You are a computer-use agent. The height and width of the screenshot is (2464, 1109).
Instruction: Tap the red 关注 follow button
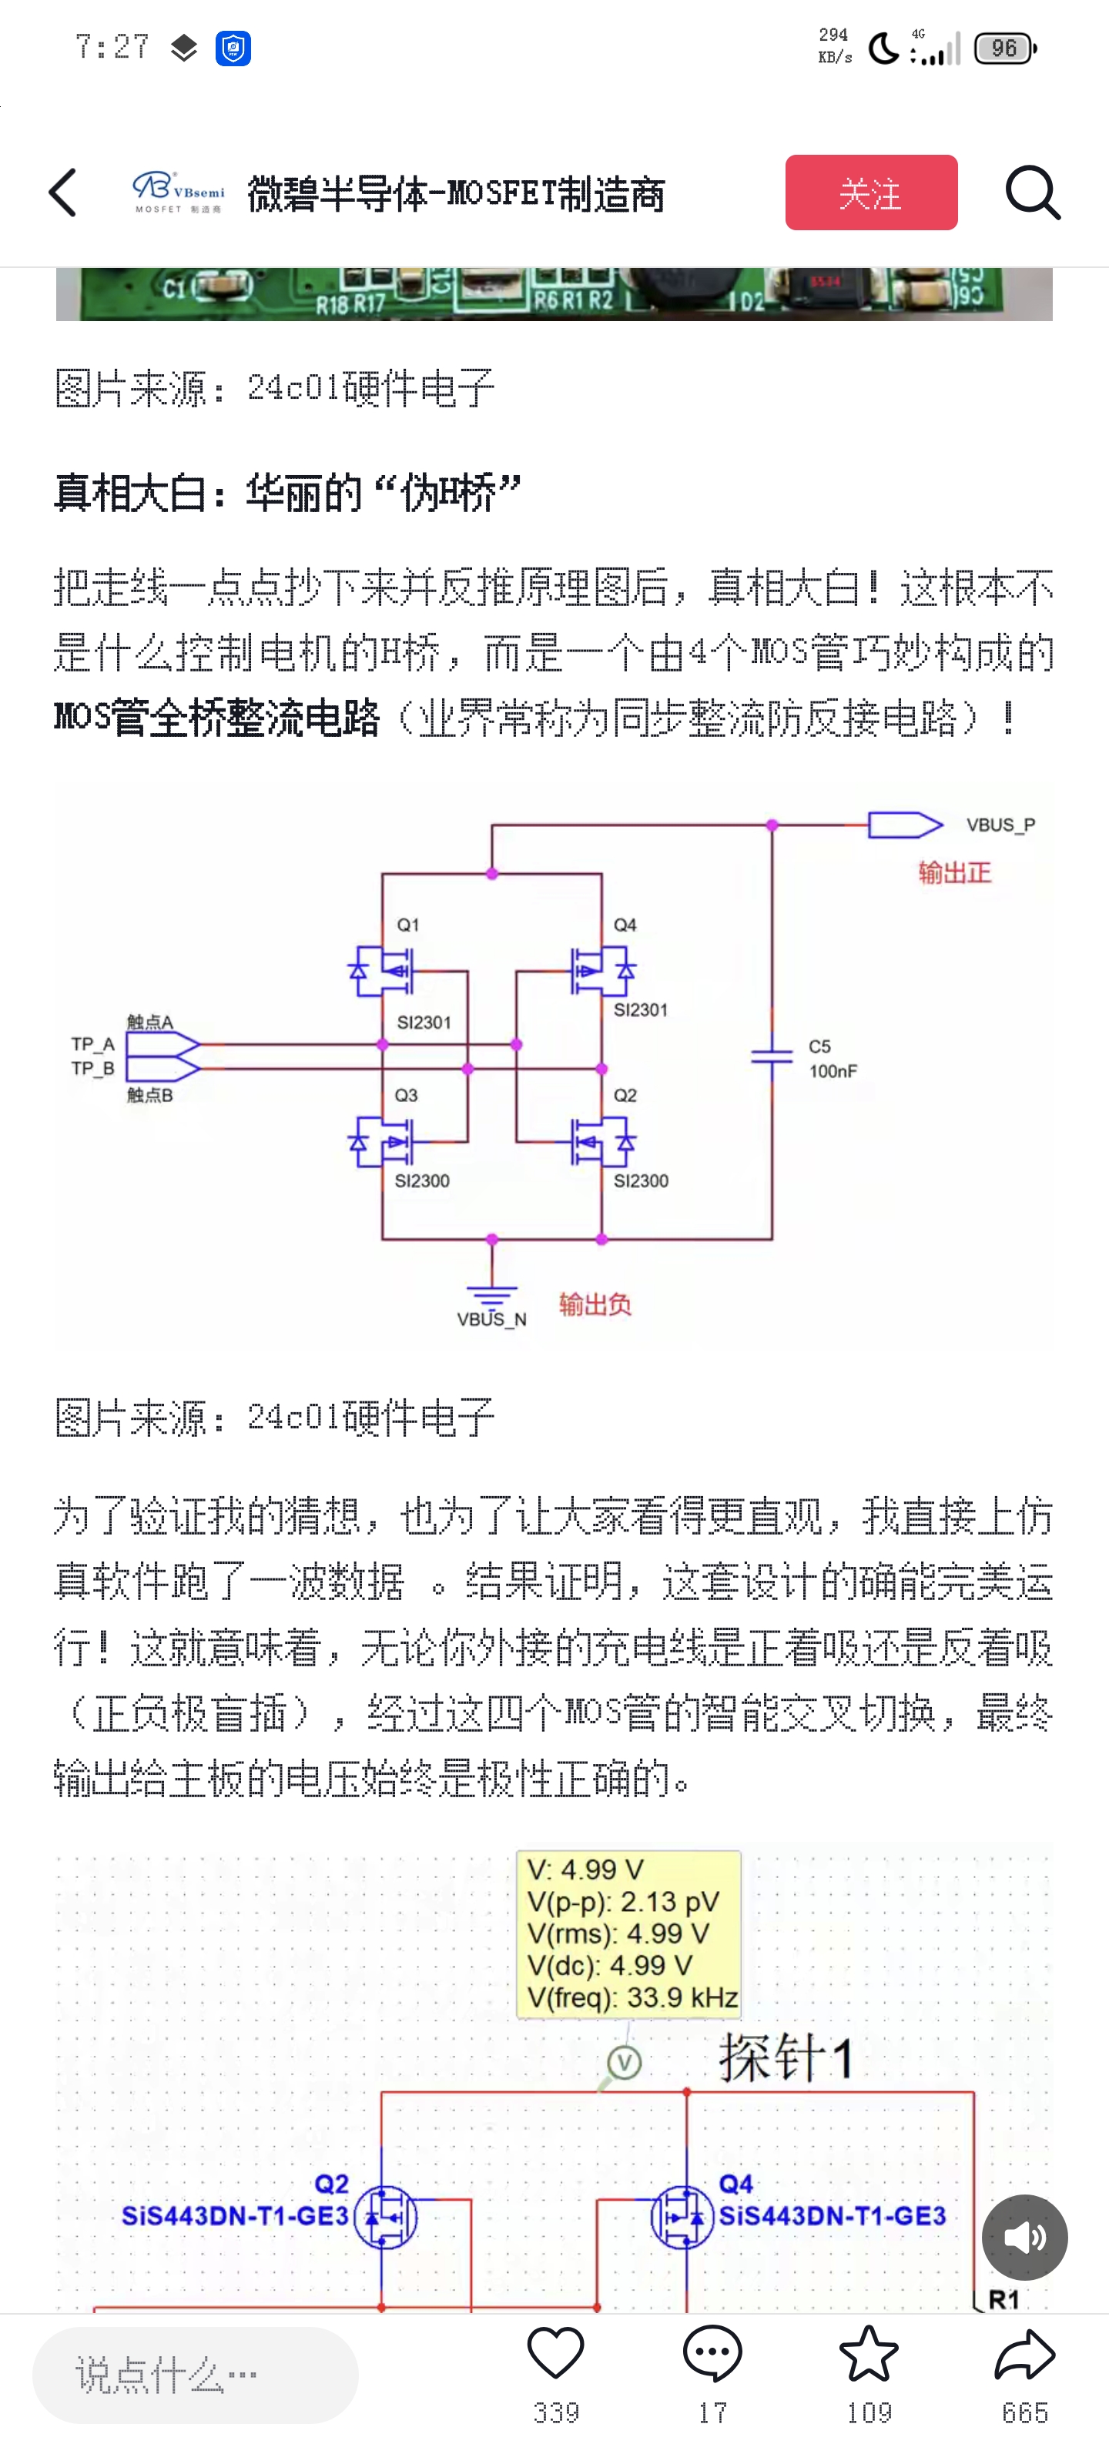(x=871, y=192)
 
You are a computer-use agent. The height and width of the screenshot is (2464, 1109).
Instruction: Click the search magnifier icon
(x=1033, y=192)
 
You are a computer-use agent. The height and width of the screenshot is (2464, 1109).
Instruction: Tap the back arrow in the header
(x=63, y=192)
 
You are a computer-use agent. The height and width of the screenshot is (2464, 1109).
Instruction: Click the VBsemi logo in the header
(x=178, y=192)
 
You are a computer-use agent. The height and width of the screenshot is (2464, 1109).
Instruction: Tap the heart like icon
(x=556, y=2354)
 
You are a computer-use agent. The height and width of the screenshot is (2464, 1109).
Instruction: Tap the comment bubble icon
(x=712, y=2354)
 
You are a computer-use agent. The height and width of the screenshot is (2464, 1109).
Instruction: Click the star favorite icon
(x=868, y=2354)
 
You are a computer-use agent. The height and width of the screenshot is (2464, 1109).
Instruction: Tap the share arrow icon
(x=1025, y=2354)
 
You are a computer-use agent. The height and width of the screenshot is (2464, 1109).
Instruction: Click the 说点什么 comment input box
(x=195, y=2375)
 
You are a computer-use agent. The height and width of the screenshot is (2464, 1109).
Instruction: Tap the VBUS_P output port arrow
(x=904, y=825)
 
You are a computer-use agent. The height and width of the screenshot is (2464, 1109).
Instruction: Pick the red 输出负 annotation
(x=595, y=1304)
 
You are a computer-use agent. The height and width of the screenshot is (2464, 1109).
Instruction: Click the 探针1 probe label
(x=786, y=2057)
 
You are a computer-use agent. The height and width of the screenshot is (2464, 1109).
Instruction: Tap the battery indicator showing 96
(x=1005, y=48)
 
